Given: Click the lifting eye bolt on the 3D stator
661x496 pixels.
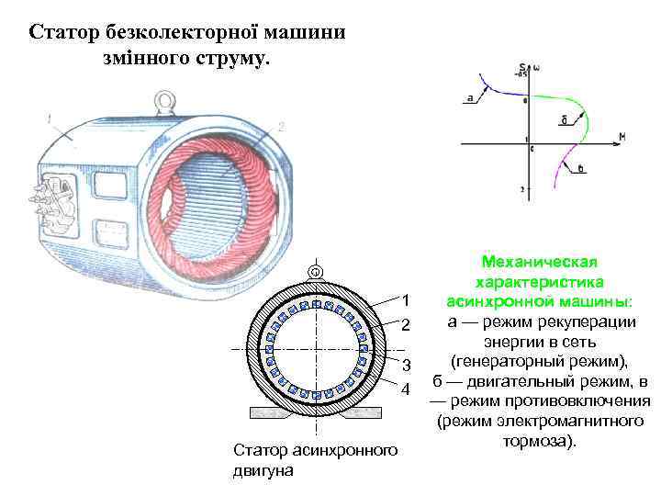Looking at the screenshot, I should coord(164,98).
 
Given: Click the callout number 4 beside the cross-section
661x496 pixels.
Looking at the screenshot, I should coord(405,390).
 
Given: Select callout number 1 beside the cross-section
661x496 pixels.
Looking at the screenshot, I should coord(405,301).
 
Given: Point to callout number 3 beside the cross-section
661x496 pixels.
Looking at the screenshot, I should coord(405,366).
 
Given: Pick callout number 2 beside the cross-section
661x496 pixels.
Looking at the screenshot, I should coord(405,325).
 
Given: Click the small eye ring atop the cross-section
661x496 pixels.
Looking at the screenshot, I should coord(314,271).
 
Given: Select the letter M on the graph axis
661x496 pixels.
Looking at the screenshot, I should coord(622,137).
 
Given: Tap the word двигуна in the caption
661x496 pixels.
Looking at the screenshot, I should coord(264,471).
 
